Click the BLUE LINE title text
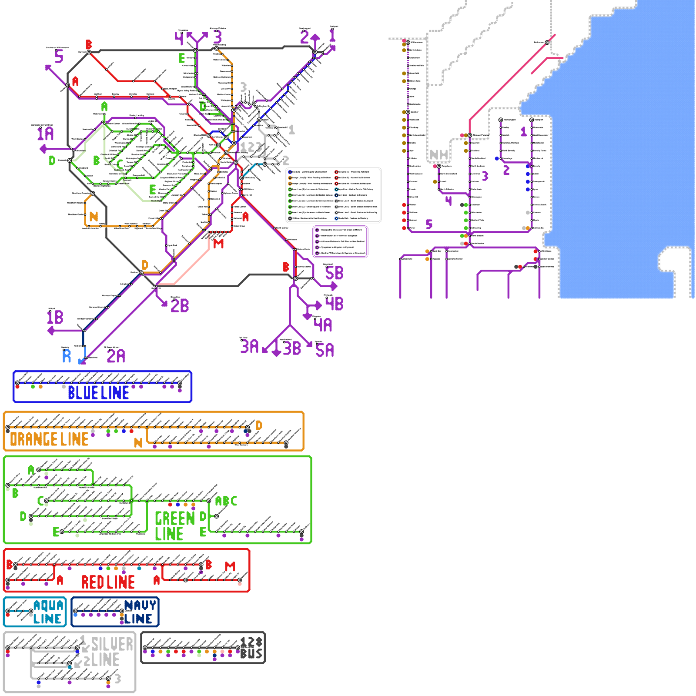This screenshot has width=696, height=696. click(x=98, y=393)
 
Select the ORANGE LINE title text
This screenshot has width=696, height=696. click(x=49, y=439)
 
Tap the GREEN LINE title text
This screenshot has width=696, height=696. click(x=174, y=526)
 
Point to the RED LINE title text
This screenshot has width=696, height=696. click(x=108, y=582)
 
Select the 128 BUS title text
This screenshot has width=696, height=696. click(x=251, y=648)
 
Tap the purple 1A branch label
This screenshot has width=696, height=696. click(x=45, y=134)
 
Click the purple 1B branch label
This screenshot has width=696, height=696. click(x=55, y=317)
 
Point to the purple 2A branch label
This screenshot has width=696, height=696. click(x=116, y=356)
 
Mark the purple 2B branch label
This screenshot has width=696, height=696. click(x=180, y=306)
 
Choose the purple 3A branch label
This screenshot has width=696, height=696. click(x=250, y=346)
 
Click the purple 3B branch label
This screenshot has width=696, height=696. click(x=292, y=348)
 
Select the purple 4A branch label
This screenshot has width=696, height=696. click(x=323, y=325)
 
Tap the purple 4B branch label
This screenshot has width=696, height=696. click(x=334, y=303)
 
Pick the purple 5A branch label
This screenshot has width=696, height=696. click(x=325, y=350)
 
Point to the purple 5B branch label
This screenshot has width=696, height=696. click(x=334, y=273)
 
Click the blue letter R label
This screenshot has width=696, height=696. click(x=67, y=356)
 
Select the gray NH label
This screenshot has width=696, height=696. click(x=438, y=154)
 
